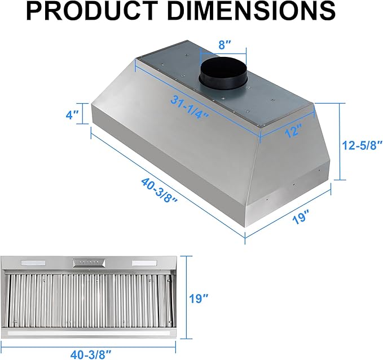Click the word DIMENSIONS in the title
click(252, 11)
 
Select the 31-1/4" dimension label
click(190, 106)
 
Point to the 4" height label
click(72, 114)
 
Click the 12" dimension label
click(293, 131)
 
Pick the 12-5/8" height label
click(362, 145)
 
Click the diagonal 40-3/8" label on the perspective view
click(159, 190)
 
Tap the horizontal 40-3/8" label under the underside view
click(91, 354)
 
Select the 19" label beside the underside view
click(199, 298)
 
